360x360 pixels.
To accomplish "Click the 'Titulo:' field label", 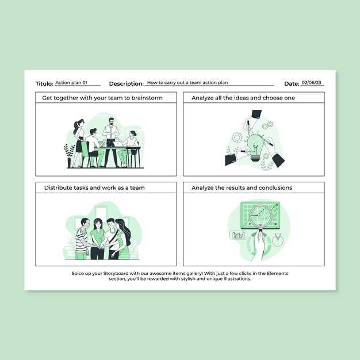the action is pos(44,83).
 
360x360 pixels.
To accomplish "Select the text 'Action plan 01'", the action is pos(71,82).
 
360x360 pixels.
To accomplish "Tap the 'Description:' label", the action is pos(127,84).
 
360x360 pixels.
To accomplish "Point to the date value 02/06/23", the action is pos(311,82).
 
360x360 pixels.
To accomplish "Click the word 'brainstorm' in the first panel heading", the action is pos(147,98).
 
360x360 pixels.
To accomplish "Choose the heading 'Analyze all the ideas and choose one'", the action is pos(243,98).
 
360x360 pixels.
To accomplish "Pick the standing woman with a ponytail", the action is pos(79,143).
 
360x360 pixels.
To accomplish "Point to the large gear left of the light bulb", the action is pos(237,137).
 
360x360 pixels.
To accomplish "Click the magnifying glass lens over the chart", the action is pos(261,216).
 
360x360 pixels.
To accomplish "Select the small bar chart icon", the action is pos(238,235).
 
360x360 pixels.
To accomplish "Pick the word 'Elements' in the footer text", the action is pos(277,273).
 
